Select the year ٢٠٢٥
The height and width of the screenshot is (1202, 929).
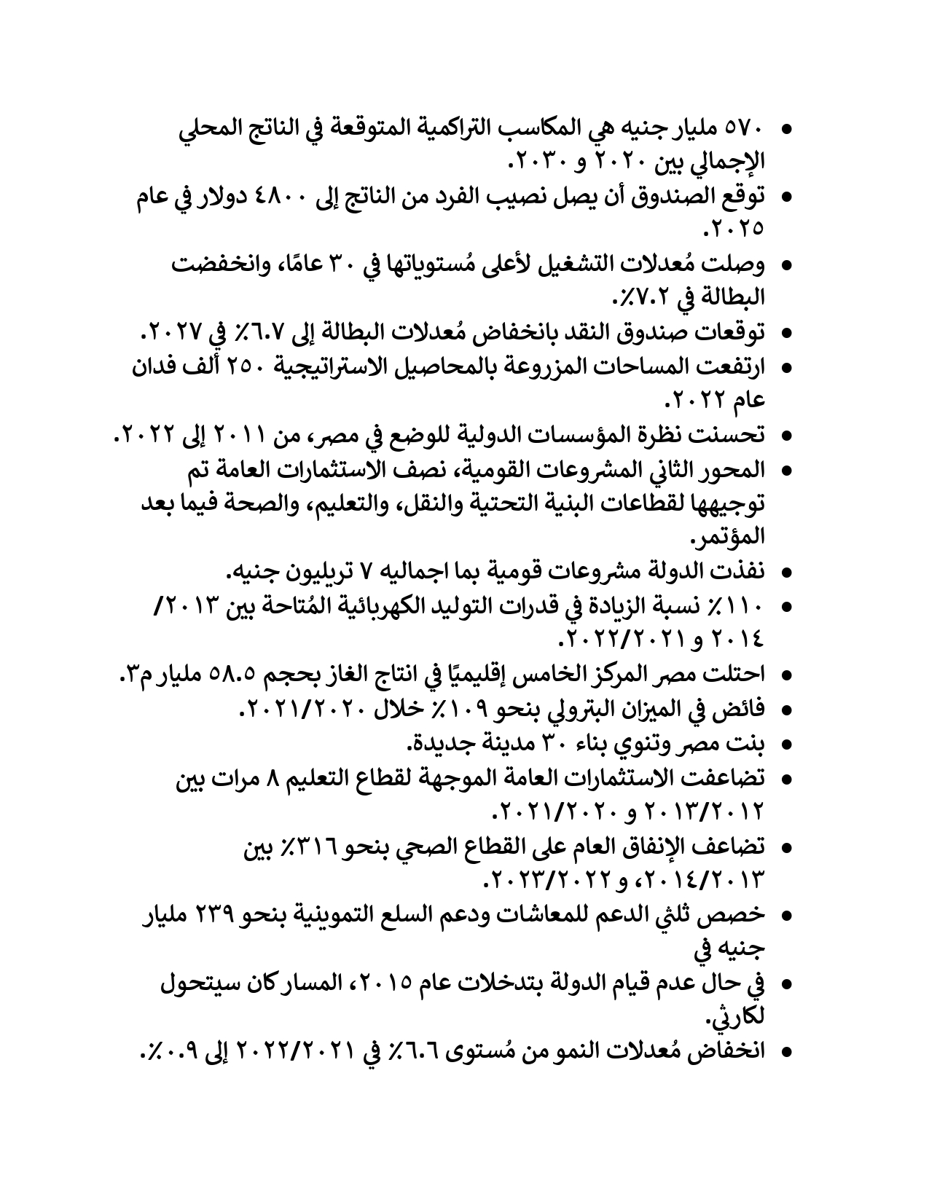click(x=737, y=229)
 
